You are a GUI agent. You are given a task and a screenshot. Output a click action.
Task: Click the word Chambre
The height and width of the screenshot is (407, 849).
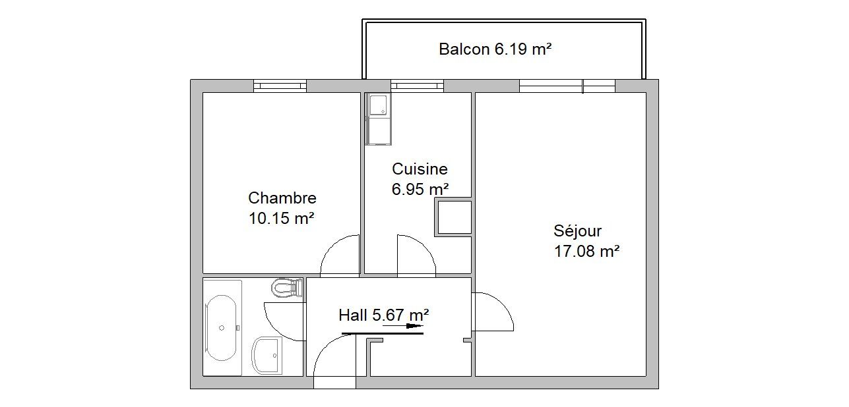[282, 198]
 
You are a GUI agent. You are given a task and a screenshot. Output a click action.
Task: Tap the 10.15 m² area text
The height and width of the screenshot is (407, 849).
[281, 218]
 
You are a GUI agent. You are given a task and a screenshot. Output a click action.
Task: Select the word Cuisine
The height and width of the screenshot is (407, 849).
[420, 169]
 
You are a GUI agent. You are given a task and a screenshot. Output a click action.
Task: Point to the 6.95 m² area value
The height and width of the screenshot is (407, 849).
[420, 189]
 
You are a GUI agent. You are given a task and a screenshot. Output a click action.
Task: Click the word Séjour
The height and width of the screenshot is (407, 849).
[577, 231]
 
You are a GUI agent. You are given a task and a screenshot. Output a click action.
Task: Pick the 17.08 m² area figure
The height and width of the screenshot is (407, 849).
[586, 251]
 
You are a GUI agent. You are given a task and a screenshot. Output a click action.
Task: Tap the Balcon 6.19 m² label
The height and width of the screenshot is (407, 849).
[495, 49]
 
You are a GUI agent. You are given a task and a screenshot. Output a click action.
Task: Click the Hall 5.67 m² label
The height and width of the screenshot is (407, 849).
[383, 315]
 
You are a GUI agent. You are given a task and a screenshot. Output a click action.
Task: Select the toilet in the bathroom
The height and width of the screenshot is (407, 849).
[287, 288]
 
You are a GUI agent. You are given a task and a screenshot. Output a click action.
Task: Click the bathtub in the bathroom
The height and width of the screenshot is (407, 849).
[222, 328]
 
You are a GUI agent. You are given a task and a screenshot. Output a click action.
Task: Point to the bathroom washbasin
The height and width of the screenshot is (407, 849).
[267, 355]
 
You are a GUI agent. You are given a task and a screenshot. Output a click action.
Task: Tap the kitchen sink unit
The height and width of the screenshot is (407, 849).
[378, 119]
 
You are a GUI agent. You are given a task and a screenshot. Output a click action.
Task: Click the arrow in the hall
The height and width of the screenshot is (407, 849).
[402, 326]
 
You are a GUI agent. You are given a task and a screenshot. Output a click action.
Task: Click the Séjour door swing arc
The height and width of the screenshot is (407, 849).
[503, 304]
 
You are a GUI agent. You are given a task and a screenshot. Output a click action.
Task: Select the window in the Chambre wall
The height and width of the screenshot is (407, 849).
[280, 86]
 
